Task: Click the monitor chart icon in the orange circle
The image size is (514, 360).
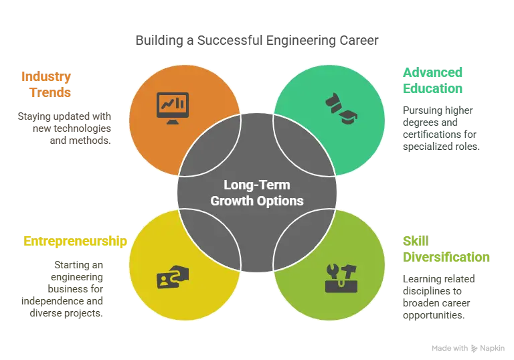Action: coord(173,106)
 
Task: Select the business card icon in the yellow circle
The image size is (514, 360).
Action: coord(171,277)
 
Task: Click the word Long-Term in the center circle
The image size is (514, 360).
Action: coord(256,185)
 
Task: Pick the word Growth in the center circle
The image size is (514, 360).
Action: coord(232,201)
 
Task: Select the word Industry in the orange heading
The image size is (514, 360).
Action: coord(46,76)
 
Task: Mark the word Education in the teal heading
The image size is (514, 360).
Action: coord(433,89)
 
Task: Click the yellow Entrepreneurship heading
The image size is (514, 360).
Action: coord(74,242)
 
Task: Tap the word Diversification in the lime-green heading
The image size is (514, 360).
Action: coord(446,257)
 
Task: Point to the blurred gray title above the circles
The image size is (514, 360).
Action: coord(257,41)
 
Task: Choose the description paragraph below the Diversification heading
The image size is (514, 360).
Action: coord(438,296)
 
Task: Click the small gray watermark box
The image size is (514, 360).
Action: coord(468,348)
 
